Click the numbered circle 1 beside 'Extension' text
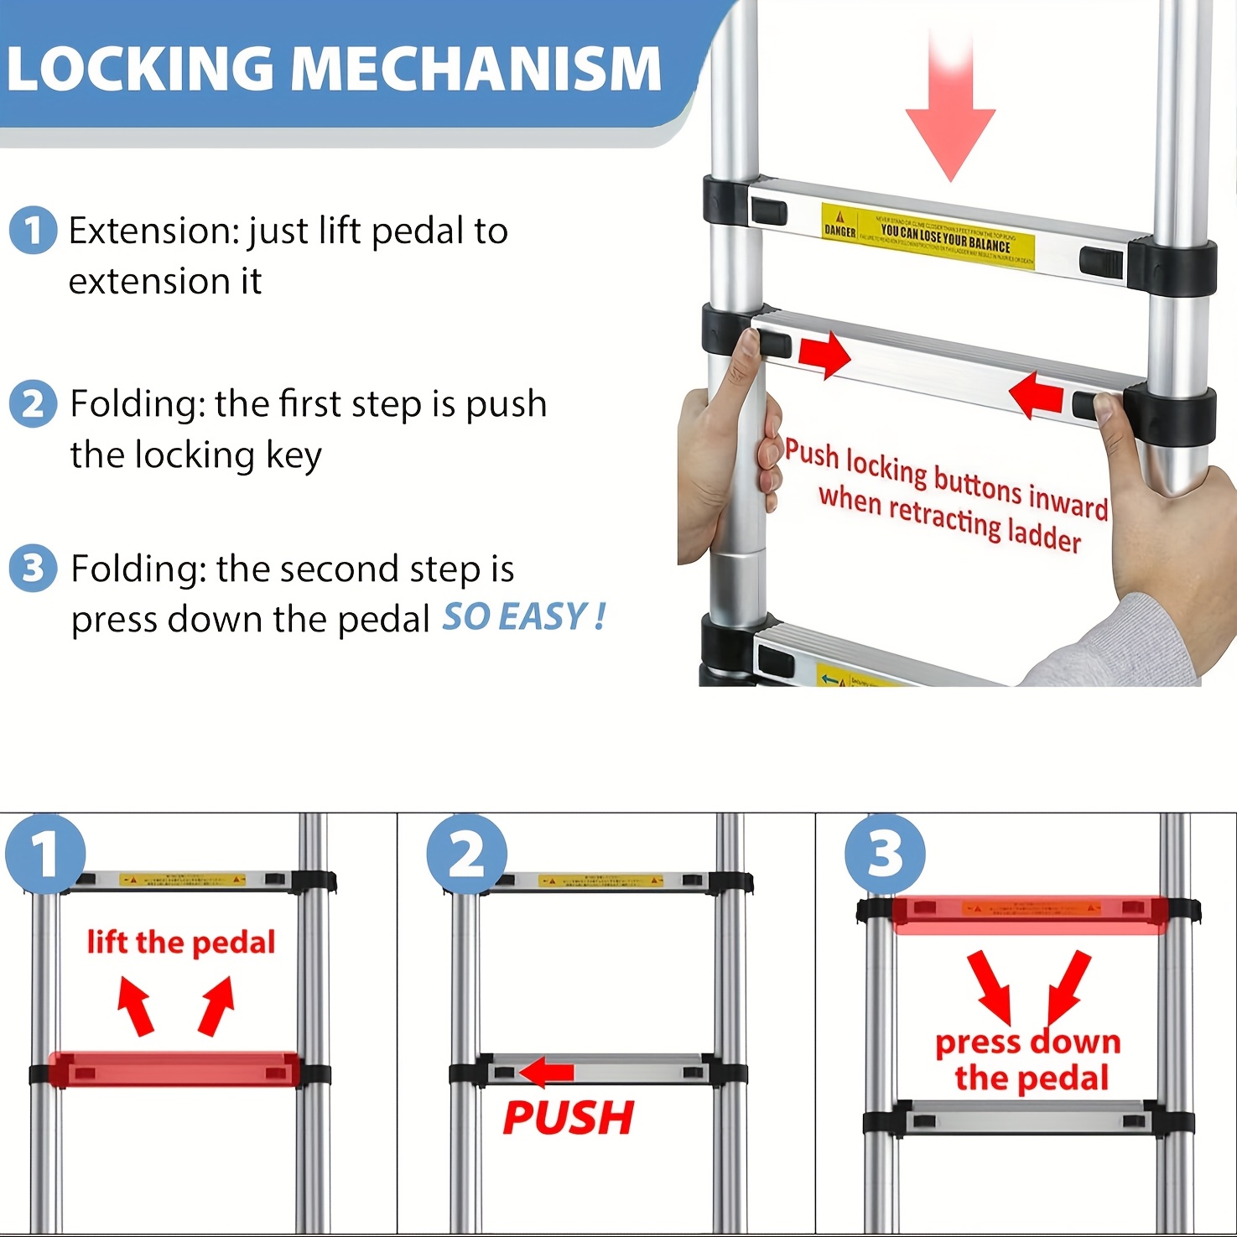click(33, 231)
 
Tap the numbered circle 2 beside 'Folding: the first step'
click(33, 404)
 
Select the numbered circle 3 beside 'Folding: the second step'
click(33, 569)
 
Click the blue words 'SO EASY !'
click(523, 618)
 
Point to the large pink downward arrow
click(950, 109)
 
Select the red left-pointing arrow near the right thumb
click(1037, 394)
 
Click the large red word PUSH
click(569, 1118)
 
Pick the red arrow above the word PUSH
click(546, 1071)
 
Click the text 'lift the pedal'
click(181, 943)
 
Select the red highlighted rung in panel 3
click(1029, 914)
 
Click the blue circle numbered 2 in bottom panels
click(466, 855)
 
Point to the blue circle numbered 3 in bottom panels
click(885, 855)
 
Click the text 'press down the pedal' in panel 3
click(1028, 1060)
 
